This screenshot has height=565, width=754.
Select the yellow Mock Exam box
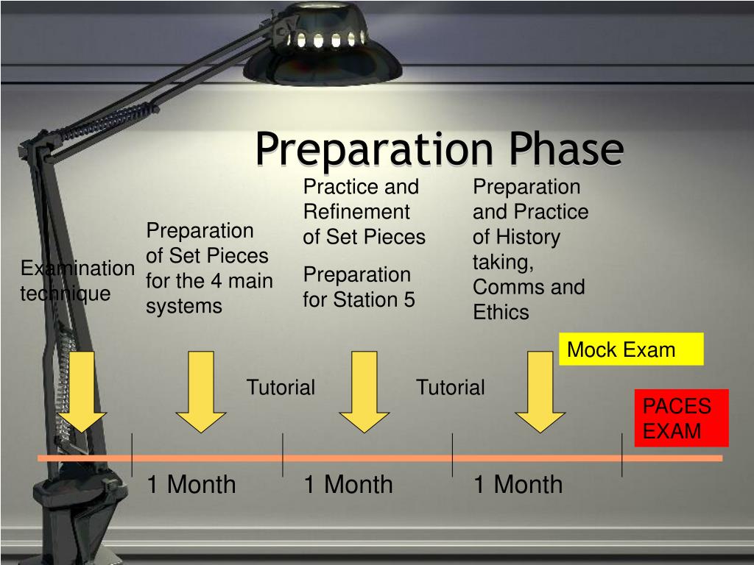(x=631, y=349)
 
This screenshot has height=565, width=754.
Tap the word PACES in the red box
(x=677, y=406)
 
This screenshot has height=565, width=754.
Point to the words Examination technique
(x=77, y=281)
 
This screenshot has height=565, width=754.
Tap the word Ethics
(x=501, y=312)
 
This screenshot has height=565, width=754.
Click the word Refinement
(x=356, y=212)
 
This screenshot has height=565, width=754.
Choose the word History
(x=527, y=237)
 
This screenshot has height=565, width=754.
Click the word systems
(x=183, y=306)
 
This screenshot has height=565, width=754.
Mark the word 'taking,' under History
(x=502, y=262)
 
